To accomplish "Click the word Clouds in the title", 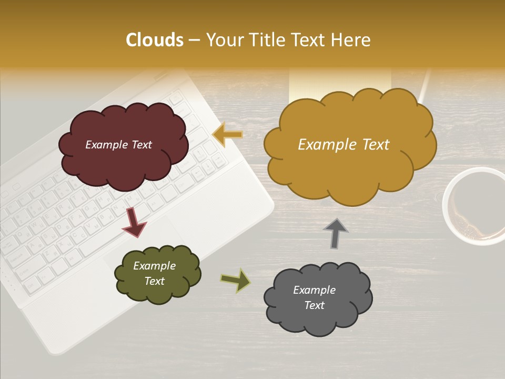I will coord(155,40).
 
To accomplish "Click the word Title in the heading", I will coord(268,40).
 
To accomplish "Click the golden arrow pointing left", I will coord(227,135).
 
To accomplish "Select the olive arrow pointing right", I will coord(236,280).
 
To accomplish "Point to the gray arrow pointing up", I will coord(336,233).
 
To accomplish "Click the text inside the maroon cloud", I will coord(118,145).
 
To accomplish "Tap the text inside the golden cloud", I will coord(344,145).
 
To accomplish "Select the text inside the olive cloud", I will coord(154,273).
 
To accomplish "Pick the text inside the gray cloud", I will coord(314,297).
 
